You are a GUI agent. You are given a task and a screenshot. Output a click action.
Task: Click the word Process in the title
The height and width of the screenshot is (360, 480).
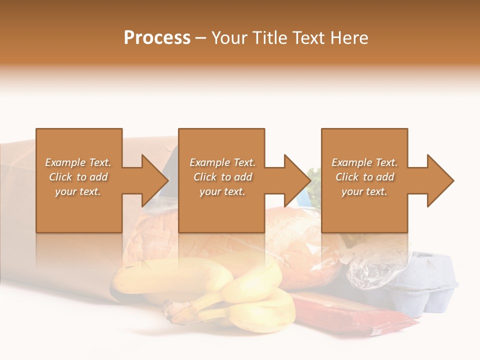coord(157,38)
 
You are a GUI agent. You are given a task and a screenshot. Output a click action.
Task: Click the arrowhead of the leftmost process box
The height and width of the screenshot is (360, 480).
coord(154,180)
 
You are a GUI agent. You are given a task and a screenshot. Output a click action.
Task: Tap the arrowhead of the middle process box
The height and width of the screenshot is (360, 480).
coord(297,180)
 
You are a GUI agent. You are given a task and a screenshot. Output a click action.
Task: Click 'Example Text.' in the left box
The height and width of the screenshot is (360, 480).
coord(78,162)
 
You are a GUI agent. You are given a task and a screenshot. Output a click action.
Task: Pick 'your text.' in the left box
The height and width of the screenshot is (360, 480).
coord(78,191)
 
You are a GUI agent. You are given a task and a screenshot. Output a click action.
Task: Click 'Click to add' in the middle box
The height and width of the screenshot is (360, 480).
coord(222,177)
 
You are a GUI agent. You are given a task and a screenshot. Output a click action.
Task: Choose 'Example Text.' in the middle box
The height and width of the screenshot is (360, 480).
coord(222,162)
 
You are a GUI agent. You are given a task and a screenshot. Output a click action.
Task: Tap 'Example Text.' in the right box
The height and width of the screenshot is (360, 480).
coord(364,162)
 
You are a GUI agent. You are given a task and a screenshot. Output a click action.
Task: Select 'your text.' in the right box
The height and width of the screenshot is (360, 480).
coord(364,191)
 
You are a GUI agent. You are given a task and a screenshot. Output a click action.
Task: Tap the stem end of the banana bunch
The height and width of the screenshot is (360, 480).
coord(175,312)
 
